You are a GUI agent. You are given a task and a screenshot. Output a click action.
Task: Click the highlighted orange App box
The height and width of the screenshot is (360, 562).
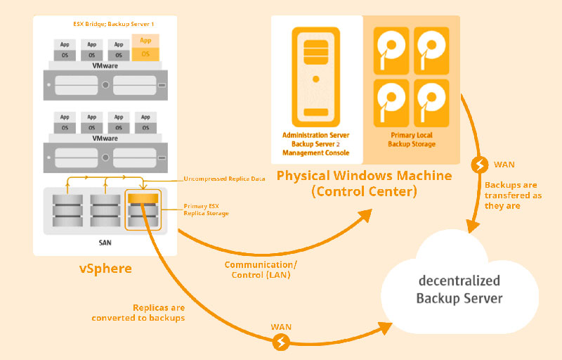click(145, 40)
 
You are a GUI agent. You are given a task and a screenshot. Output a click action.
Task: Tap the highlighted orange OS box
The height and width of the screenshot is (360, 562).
click(145, 53)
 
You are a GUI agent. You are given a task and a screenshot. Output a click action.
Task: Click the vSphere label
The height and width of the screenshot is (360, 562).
click(103, 269)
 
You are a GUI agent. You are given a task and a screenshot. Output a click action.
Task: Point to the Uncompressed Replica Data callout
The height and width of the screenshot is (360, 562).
click(223, 179)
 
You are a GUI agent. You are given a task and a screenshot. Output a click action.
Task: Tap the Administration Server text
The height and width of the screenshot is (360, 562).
click(316, 134)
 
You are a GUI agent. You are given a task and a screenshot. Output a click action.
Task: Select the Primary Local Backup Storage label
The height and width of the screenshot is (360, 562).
click(412, 139)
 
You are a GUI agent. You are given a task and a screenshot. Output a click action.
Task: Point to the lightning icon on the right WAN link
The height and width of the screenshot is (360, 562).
click(479, 165)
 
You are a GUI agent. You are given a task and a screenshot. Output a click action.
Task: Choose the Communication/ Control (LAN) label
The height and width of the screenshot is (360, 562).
click(261, 270)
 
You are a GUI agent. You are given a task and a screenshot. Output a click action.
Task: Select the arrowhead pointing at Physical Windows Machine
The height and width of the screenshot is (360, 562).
click(367, 216)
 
